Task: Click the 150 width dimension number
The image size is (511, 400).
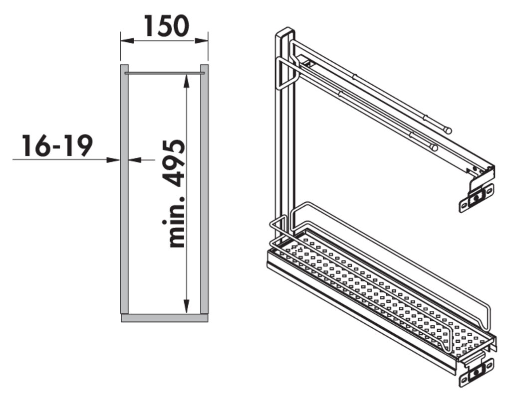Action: tap(167, 26)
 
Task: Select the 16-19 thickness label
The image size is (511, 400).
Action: tap(57, 145)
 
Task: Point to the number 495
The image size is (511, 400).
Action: tap(174, 163)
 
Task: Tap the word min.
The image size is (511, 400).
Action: tap(174, 222)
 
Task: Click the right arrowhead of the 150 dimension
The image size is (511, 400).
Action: tap(202, 41)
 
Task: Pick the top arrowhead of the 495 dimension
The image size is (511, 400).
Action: tap(187, 81)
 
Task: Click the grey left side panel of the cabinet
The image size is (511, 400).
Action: tap(124, 189)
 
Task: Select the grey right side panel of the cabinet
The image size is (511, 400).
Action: tap(204, 189)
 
